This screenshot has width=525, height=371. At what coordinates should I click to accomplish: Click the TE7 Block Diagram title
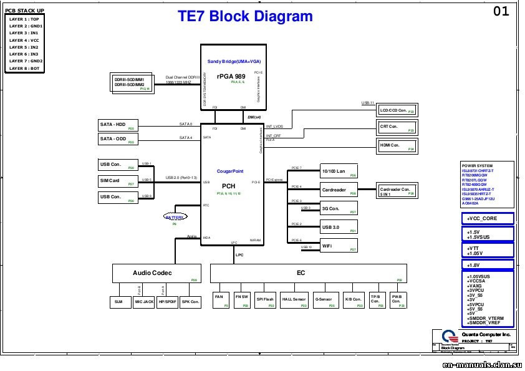[x=245, y=17]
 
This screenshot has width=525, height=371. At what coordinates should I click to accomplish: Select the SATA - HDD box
[x=117, y=125]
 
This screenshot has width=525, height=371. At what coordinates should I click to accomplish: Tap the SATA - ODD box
[x=117, y=139]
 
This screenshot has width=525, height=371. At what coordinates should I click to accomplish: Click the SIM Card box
[x=117, y=181]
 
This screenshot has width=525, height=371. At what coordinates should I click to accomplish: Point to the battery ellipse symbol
[x=175, y=218]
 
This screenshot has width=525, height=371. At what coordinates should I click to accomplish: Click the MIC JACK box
[x=144, y=302]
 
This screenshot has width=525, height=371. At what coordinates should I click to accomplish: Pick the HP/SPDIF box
[x=168, y=302]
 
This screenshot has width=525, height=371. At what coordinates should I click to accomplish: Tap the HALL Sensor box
[x=294, y=300]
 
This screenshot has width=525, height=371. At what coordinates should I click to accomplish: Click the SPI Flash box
[x=265, y=300]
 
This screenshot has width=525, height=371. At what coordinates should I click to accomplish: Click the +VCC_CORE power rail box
[x=488, y=219]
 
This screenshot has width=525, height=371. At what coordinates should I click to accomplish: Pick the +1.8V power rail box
[x=488, y=265]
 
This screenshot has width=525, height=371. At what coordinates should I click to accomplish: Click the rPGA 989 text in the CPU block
[x=231, y=75]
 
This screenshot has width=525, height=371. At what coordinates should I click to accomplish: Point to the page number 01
[x=501, y=11]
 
